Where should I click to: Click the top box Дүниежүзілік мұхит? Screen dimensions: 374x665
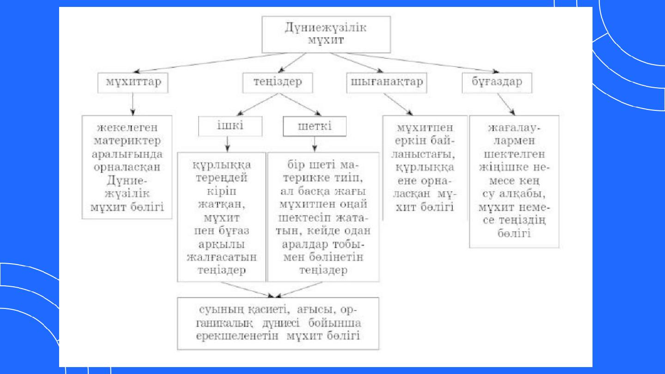pos(326,35)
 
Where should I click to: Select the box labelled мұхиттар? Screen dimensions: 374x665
pos(133,83)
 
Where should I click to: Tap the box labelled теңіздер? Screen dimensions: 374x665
pos(278,83)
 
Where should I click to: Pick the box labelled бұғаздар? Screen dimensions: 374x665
pos(497,83)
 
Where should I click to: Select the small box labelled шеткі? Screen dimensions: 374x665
pos(315,126)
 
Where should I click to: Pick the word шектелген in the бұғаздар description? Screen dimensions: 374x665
pos(514,154)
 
